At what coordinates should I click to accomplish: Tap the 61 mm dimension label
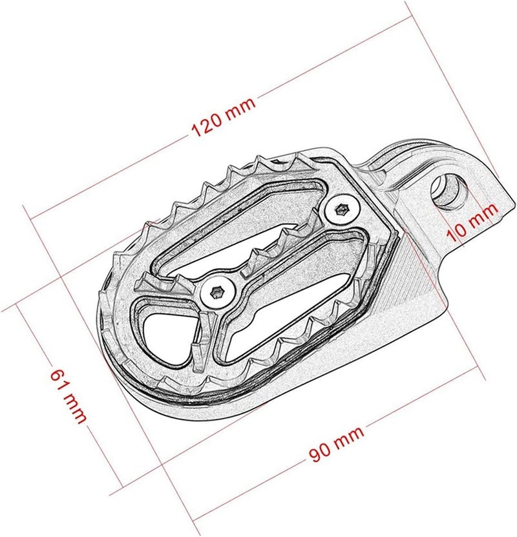(68, 395)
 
